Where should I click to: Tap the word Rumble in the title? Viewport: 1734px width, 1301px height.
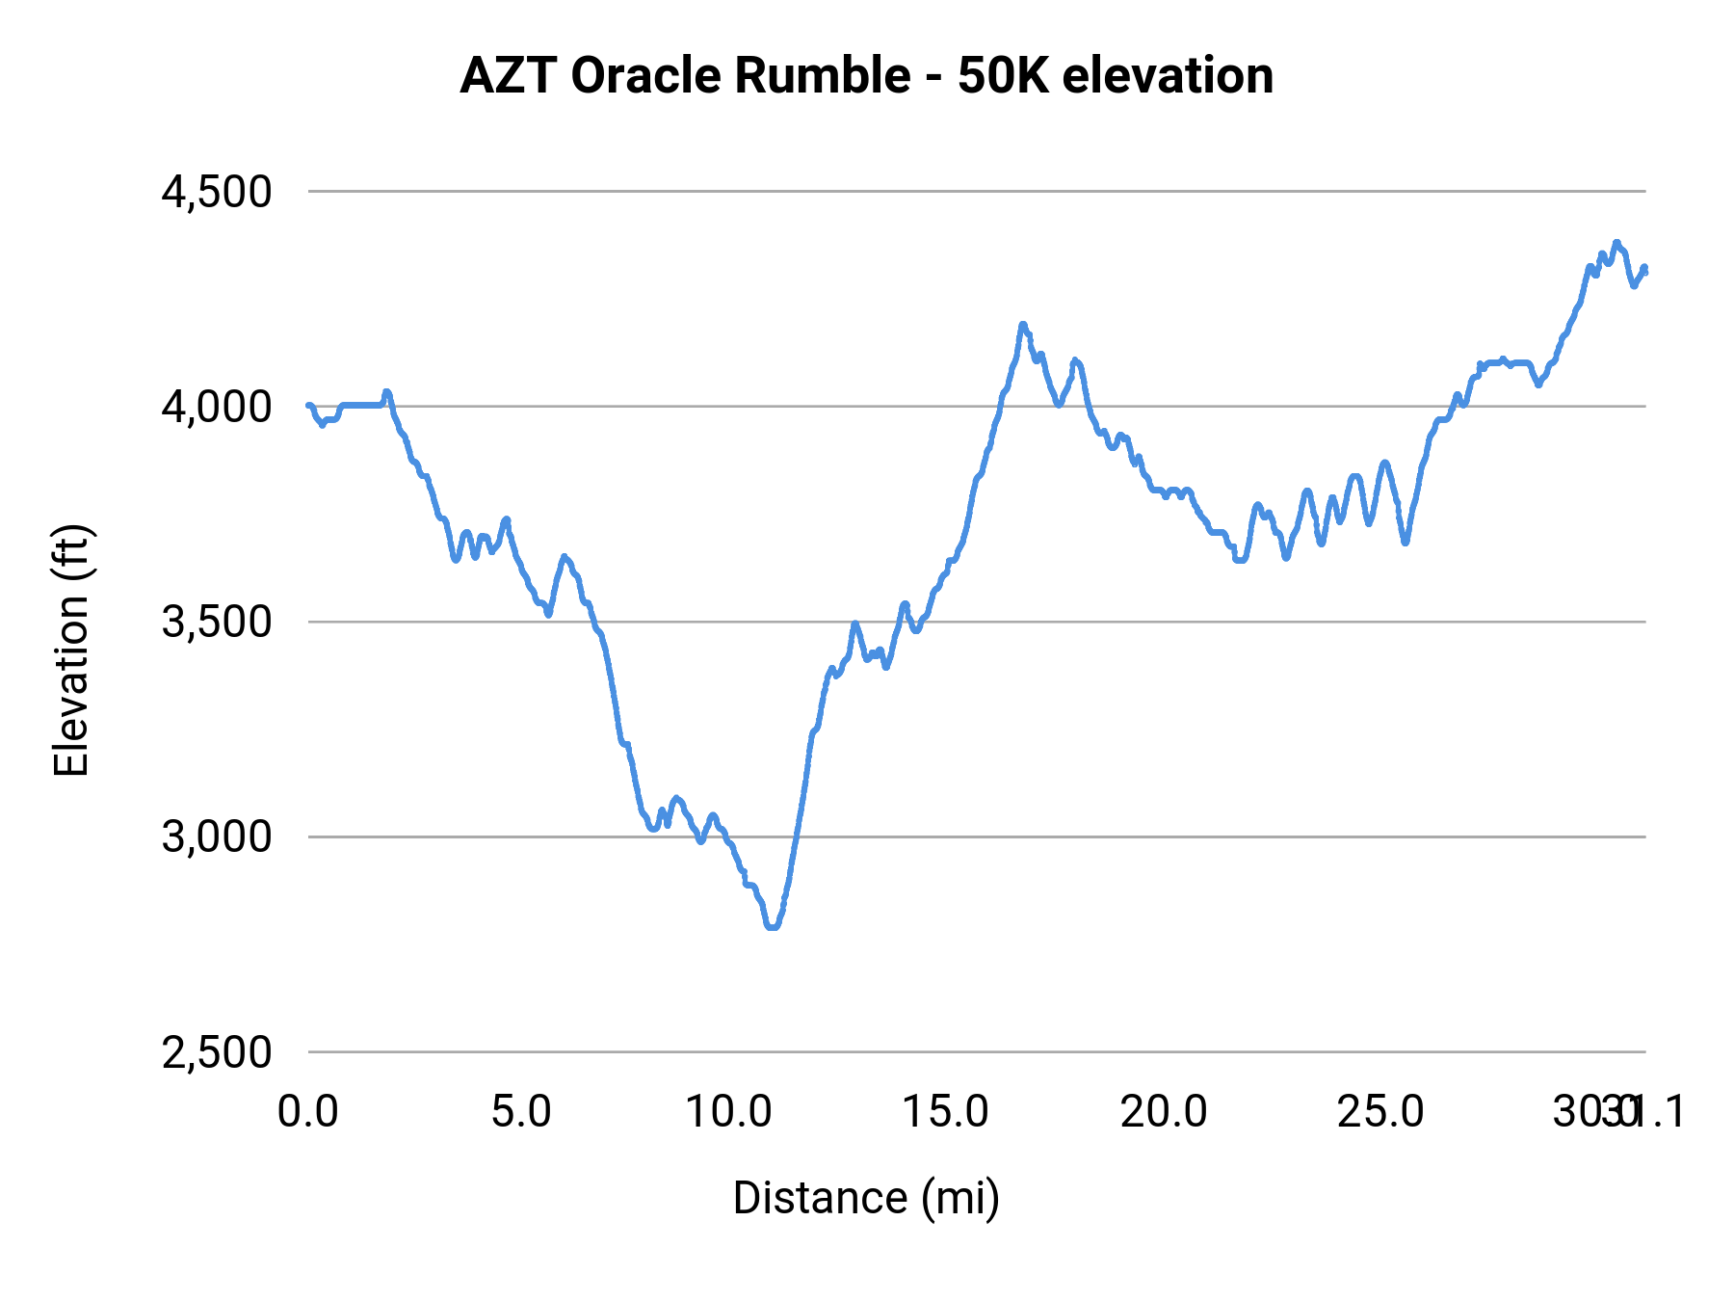[x=822, y=75]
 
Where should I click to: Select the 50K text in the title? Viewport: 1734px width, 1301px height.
[x=1003, y=75]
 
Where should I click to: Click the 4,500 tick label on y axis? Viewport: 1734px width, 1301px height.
[x=218, y=192]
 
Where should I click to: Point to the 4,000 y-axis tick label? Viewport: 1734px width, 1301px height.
[x=218, y=407]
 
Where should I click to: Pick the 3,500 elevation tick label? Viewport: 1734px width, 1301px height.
[x=218, y=622]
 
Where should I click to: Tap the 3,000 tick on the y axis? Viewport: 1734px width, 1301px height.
[x=218, y=836]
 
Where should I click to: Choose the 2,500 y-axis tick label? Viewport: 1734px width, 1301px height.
[x=218, y=1051]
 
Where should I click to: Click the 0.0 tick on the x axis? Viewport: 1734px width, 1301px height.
[x=308, y=1111]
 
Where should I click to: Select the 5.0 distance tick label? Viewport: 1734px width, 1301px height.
[x=521, y=1111]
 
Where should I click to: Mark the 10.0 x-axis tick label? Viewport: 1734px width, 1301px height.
[x=729, y=1111]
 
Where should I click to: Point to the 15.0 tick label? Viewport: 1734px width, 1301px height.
[x=945, y=1111]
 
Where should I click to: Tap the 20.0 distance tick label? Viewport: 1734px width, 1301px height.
[x=1163, y=1111]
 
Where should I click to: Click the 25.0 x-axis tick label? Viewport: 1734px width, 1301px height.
[x=1379, y=1111]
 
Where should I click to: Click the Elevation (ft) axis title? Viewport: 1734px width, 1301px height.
[x=70, y=651]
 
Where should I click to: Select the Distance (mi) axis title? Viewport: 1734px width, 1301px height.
[x=866, y=1198]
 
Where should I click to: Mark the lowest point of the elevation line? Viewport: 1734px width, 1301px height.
[x=772, y=926]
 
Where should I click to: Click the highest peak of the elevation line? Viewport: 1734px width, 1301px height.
[x=1616, y=243]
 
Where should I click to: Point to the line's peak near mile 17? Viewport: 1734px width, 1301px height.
[x=1023, y=325]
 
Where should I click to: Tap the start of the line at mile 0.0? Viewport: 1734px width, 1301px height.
[x=308, y=406]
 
